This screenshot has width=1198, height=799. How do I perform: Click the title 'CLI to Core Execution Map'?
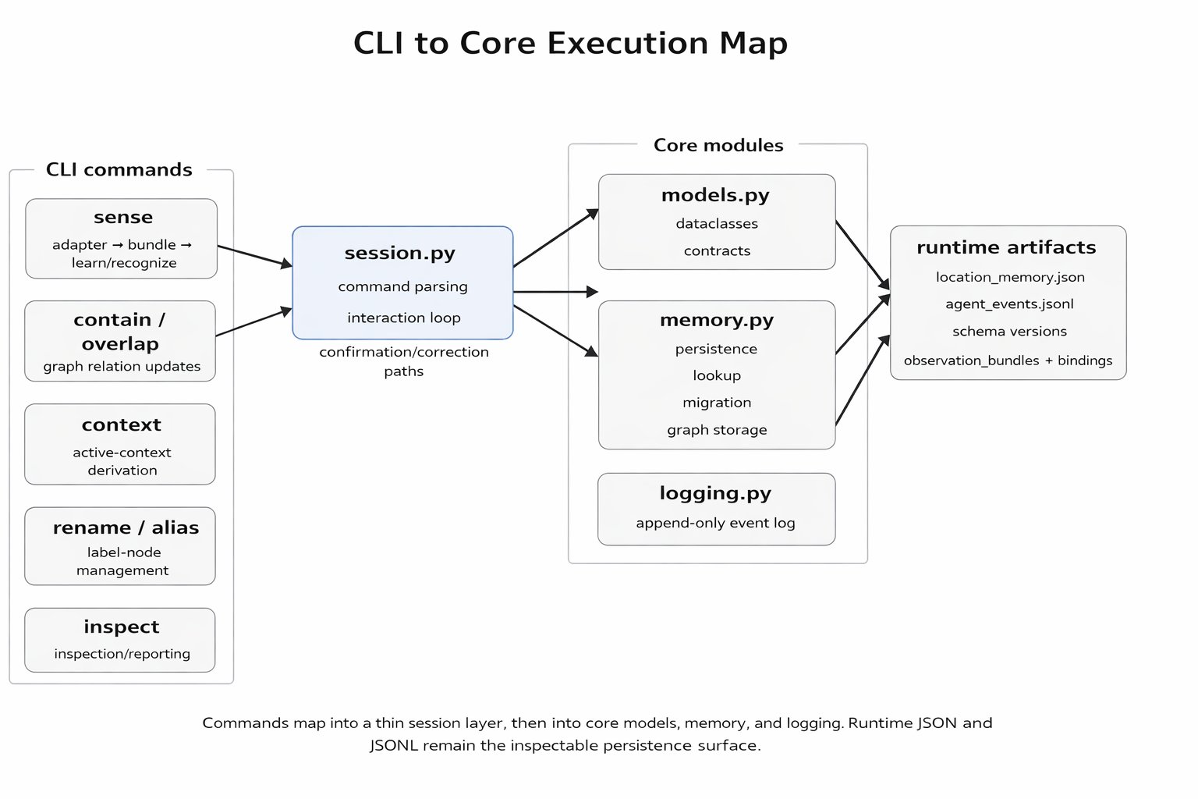[x=570, y=43]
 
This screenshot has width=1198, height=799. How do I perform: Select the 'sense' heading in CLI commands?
[x=122, y=217]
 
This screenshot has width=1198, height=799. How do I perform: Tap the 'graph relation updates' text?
[x=122, y=366]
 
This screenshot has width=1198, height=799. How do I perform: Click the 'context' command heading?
[x=121, y=424]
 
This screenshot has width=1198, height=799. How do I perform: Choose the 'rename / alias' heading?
[x=126, y=527]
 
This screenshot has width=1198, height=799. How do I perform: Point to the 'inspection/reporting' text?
[x=122, y=653]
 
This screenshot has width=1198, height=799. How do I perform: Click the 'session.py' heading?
[x=399, y=253]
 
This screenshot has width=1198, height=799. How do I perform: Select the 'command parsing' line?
[x=402, y=286]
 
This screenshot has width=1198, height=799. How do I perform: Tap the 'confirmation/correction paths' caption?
[x=403, y=360]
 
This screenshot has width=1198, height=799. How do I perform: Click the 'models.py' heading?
[x=715, y=195]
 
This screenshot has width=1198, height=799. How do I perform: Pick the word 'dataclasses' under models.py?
[x=717, y=223]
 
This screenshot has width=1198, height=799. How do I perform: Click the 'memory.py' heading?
[x=716, y=320]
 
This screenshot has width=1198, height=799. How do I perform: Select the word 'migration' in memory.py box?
[x=717, y=403]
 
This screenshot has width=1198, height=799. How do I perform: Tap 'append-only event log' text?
[x=715, y=523]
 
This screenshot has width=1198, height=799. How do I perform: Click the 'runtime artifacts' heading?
[x=1006, y=247]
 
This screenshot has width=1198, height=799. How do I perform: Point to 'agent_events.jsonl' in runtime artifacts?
[x=1009, y=304]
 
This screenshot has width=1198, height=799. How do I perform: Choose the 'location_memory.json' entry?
[x=1010, y=277]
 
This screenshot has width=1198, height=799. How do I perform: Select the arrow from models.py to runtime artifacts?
[x=862, y=254]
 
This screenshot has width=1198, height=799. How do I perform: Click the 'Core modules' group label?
[x=718, y=145]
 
